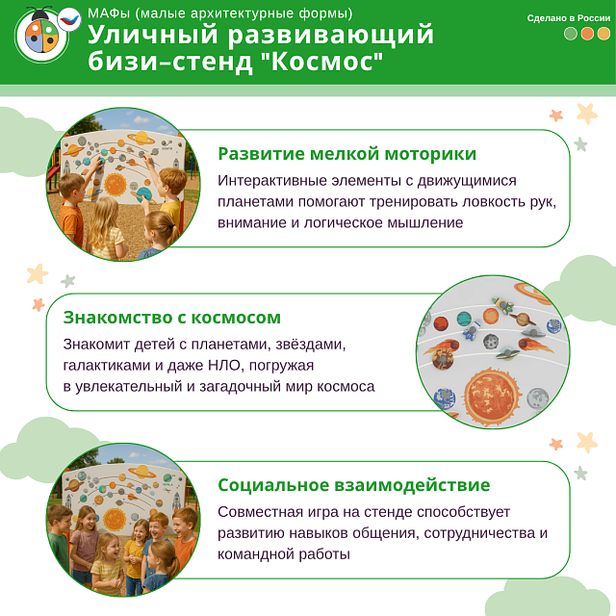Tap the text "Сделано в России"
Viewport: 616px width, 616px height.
[x=569, y=18]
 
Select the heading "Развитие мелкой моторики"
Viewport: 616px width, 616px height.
[x=346, y=154]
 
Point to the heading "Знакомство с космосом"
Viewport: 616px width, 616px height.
[x=172, y=318]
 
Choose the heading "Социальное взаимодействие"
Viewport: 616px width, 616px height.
[x=353, y=485]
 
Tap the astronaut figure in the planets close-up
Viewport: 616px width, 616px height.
[x=471, y=334]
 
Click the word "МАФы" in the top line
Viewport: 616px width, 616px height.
[x=109, y=13]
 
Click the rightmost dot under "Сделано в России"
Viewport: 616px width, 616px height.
[x=604, y=34]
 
